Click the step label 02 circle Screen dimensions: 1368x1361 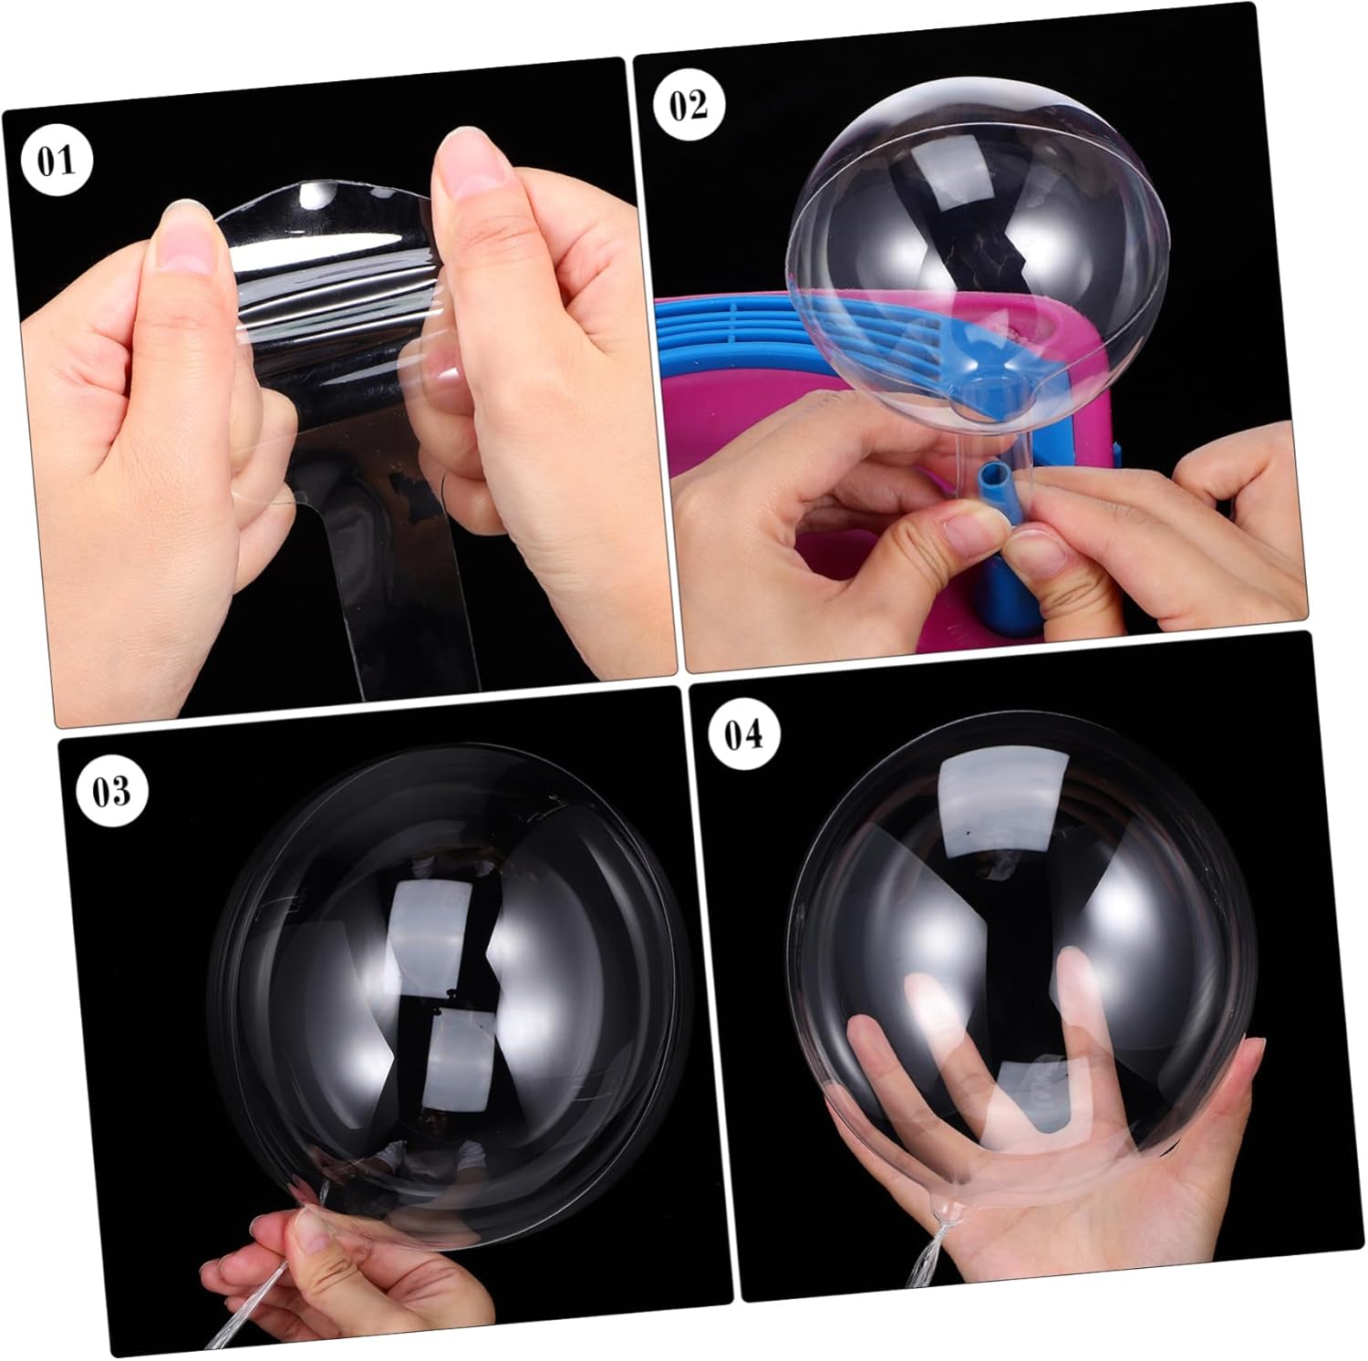pyautogui.click(x=689, y=105)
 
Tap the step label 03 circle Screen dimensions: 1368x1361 pyautogui.click(x=110, y=791)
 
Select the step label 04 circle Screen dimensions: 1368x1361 pyautogui.click(x=743, y=732)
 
